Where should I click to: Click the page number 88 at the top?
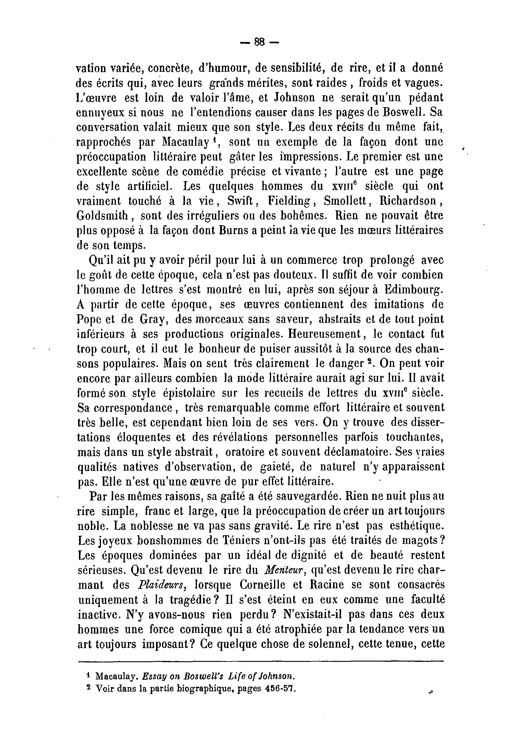pyautogui.click(x=259, y=42)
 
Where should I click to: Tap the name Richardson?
pyautogui.click(x=408, y=201)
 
